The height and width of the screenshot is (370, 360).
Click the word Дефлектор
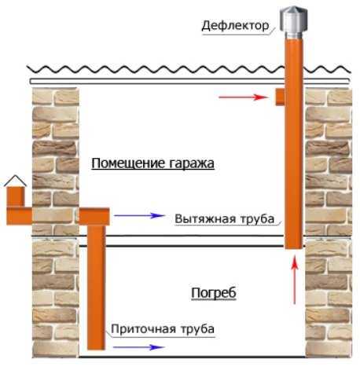[x=235, y=26]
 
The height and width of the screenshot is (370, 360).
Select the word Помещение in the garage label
[x=128, y=163]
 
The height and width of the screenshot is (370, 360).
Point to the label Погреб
[x=214, y=293]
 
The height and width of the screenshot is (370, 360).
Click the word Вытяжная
[x=205, y=218]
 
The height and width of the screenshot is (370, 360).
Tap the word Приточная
[x=143, y=328]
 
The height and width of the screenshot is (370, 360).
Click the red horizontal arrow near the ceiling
[x=244, y=97]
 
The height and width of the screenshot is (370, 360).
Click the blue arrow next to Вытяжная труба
[x=140, y=215]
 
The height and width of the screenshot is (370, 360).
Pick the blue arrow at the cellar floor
[x=139, y=347]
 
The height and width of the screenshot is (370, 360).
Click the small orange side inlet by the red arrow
[x=280, y=97]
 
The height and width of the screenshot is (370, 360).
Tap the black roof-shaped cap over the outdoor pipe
[x=15, y=181]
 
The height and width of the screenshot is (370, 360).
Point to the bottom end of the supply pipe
[x=96, y=349]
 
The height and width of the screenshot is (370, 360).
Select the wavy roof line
[x=189, y=69]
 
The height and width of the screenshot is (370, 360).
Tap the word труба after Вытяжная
[x=257, y=219]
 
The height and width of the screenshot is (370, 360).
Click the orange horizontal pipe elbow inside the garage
[x=94, y=217]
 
